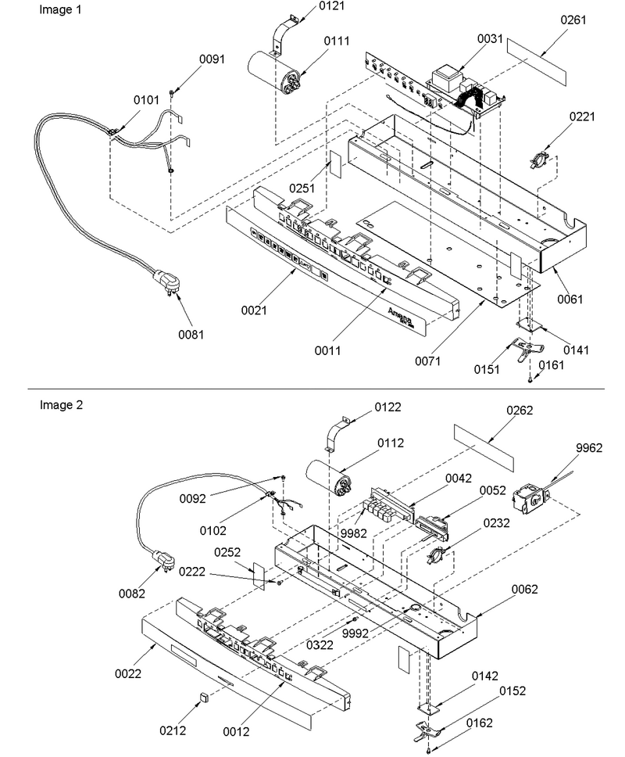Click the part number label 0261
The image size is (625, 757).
pyautogui.click(x=573, y=20)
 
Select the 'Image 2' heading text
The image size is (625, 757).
pyautogui.click(x=61, y=405)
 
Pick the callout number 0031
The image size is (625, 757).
pyautogui.click(x=490, y=38)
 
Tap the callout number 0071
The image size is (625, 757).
pyautogui.click(x=428, y=361)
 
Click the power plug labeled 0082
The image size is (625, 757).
pyautogui.click(x=163, y=562)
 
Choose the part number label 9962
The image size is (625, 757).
pyautogui.click(x=589, y=448)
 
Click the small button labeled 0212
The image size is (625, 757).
pyautogui.click(x=203, y=697)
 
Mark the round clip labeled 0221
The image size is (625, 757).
pyautogui.click(x=539, y=160)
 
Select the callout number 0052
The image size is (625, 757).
pyautogui.click(x=492, y=490)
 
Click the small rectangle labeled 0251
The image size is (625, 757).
pyautogui.click(x=335, y=167)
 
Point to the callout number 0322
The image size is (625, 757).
pyautogui.click(x=320, y=644)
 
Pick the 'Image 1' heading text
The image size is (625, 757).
pyautogui.click(x=60, y=9)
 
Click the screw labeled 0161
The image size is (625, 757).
pyautogui.click(x=530, y=381)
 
